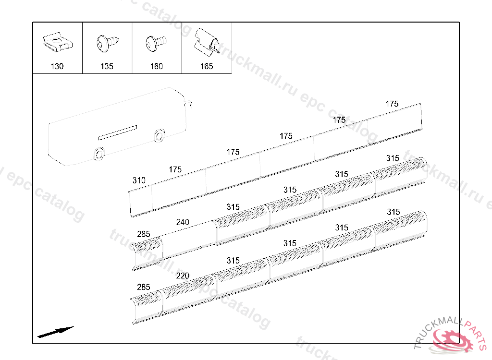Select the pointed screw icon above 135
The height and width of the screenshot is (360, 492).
(106, 43)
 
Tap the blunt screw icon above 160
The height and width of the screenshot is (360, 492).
(155, 43)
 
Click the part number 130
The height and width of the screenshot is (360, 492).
(57, 66)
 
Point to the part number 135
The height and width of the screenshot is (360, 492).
(107, 66)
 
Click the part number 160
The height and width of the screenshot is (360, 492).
(157, 66)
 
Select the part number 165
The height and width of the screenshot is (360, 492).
(207, 66)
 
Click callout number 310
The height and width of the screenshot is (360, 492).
(139, 180)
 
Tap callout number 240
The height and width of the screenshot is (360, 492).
(183, 222)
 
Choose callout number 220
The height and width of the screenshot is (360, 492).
(183, 276)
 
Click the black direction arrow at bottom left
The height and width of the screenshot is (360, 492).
(56, 332)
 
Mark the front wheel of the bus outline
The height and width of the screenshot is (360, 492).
(99, 153)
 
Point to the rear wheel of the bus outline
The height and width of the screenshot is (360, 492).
(159, 135)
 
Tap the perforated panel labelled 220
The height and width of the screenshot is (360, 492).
(189, 293)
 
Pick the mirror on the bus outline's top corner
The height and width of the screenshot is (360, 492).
(189, 104)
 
